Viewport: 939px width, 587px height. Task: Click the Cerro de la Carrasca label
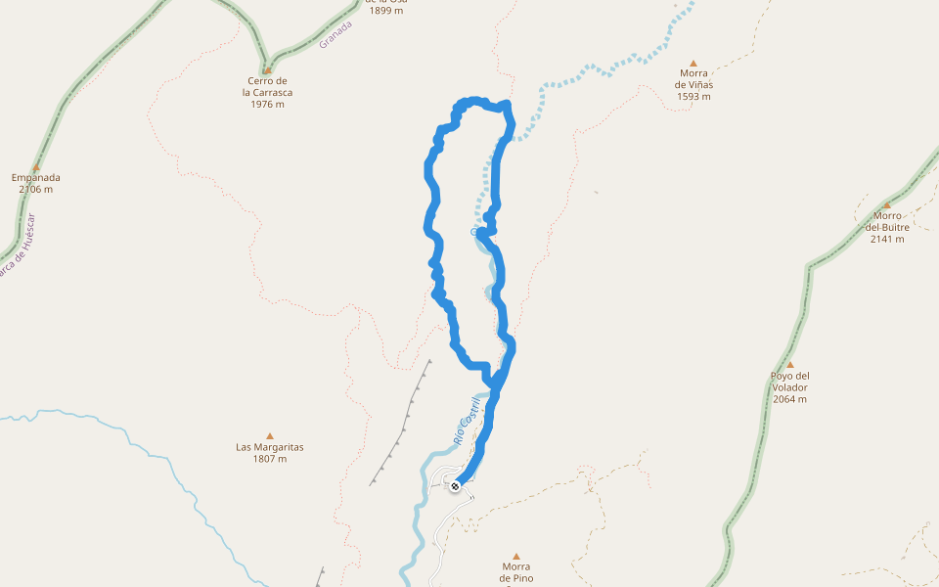267,87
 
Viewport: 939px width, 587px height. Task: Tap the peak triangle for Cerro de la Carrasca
267,69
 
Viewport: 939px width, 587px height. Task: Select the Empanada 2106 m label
36,183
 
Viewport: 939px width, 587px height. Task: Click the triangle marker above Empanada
36,167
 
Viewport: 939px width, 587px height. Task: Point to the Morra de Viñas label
693,78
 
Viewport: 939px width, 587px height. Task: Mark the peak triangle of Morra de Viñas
693,63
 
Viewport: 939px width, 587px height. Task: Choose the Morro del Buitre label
887,221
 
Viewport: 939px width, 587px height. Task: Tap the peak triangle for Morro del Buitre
887,205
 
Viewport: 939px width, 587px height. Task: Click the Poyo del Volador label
789,382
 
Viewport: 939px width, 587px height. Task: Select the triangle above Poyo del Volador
789,365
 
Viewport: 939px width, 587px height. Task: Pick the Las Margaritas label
270,447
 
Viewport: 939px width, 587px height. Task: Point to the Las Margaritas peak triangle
270,436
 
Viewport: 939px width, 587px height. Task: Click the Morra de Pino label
515,571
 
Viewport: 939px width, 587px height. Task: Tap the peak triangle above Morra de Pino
515,556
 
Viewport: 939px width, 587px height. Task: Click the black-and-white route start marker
455,485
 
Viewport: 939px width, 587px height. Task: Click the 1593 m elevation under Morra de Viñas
693,97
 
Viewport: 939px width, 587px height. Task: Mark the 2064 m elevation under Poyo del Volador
789,399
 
